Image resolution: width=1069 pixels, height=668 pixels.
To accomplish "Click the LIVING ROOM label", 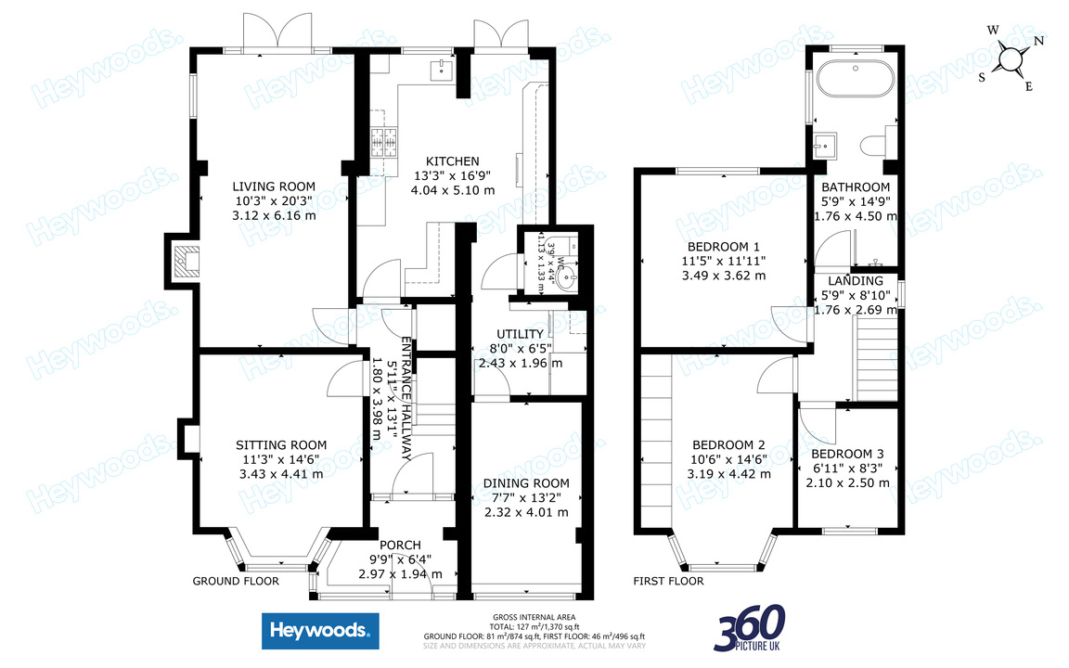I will pos(274,186).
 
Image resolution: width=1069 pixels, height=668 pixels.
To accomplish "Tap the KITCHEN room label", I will pos(453,161).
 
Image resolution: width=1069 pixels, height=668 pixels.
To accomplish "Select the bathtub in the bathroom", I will pos(856,79).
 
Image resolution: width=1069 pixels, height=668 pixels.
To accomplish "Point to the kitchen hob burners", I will pos(380,142).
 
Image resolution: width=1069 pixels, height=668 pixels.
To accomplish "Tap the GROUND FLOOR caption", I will pos(236,582).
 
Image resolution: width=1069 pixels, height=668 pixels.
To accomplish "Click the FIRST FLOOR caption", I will pos(668,582).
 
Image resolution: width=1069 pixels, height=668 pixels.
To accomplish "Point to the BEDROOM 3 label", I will pos(847,454).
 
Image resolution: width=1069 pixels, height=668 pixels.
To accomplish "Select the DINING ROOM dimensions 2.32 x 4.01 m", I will pos(525,512).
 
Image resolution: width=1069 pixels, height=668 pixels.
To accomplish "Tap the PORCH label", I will pos(400,545).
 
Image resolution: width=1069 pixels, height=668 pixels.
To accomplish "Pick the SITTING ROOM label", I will pos(280,445).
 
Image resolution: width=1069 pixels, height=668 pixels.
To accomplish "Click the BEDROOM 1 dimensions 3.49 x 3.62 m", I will pos(724,276).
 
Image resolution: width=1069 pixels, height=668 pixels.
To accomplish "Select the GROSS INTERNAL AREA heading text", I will pos(534,616).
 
